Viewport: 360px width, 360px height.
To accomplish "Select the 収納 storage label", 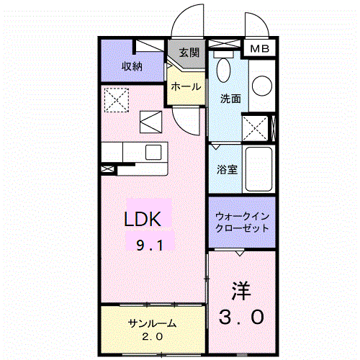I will [x=131, y=67].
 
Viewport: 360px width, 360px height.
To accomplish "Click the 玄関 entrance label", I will [x=189, y=53].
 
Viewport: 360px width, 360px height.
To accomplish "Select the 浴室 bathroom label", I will [x=228, y=171].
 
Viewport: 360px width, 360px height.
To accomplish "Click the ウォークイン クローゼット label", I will [x=242, y=221].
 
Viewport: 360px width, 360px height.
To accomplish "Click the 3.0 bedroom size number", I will [x=242, y=315].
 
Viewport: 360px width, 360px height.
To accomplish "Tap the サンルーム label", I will [x=153, y=323].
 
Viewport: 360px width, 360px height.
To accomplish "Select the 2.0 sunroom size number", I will [x=153, y=337].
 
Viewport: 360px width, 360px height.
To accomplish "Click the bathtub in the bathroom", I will [x=258, y=170].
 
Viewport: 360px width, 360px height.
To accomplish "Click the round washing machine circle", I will [x=262, y=86].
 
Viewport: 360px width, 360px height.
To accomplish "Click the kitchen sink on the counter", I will [x=155, y=152].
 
